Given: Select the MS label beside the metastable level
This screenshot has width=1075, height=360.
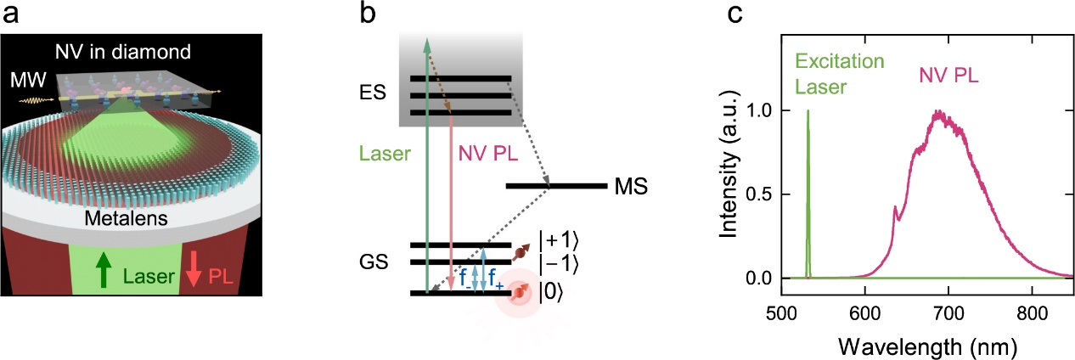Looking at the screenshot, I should click(628, 186).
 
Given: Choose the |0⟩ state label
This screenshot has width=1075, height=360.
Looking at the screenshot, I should click(548, 295).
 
